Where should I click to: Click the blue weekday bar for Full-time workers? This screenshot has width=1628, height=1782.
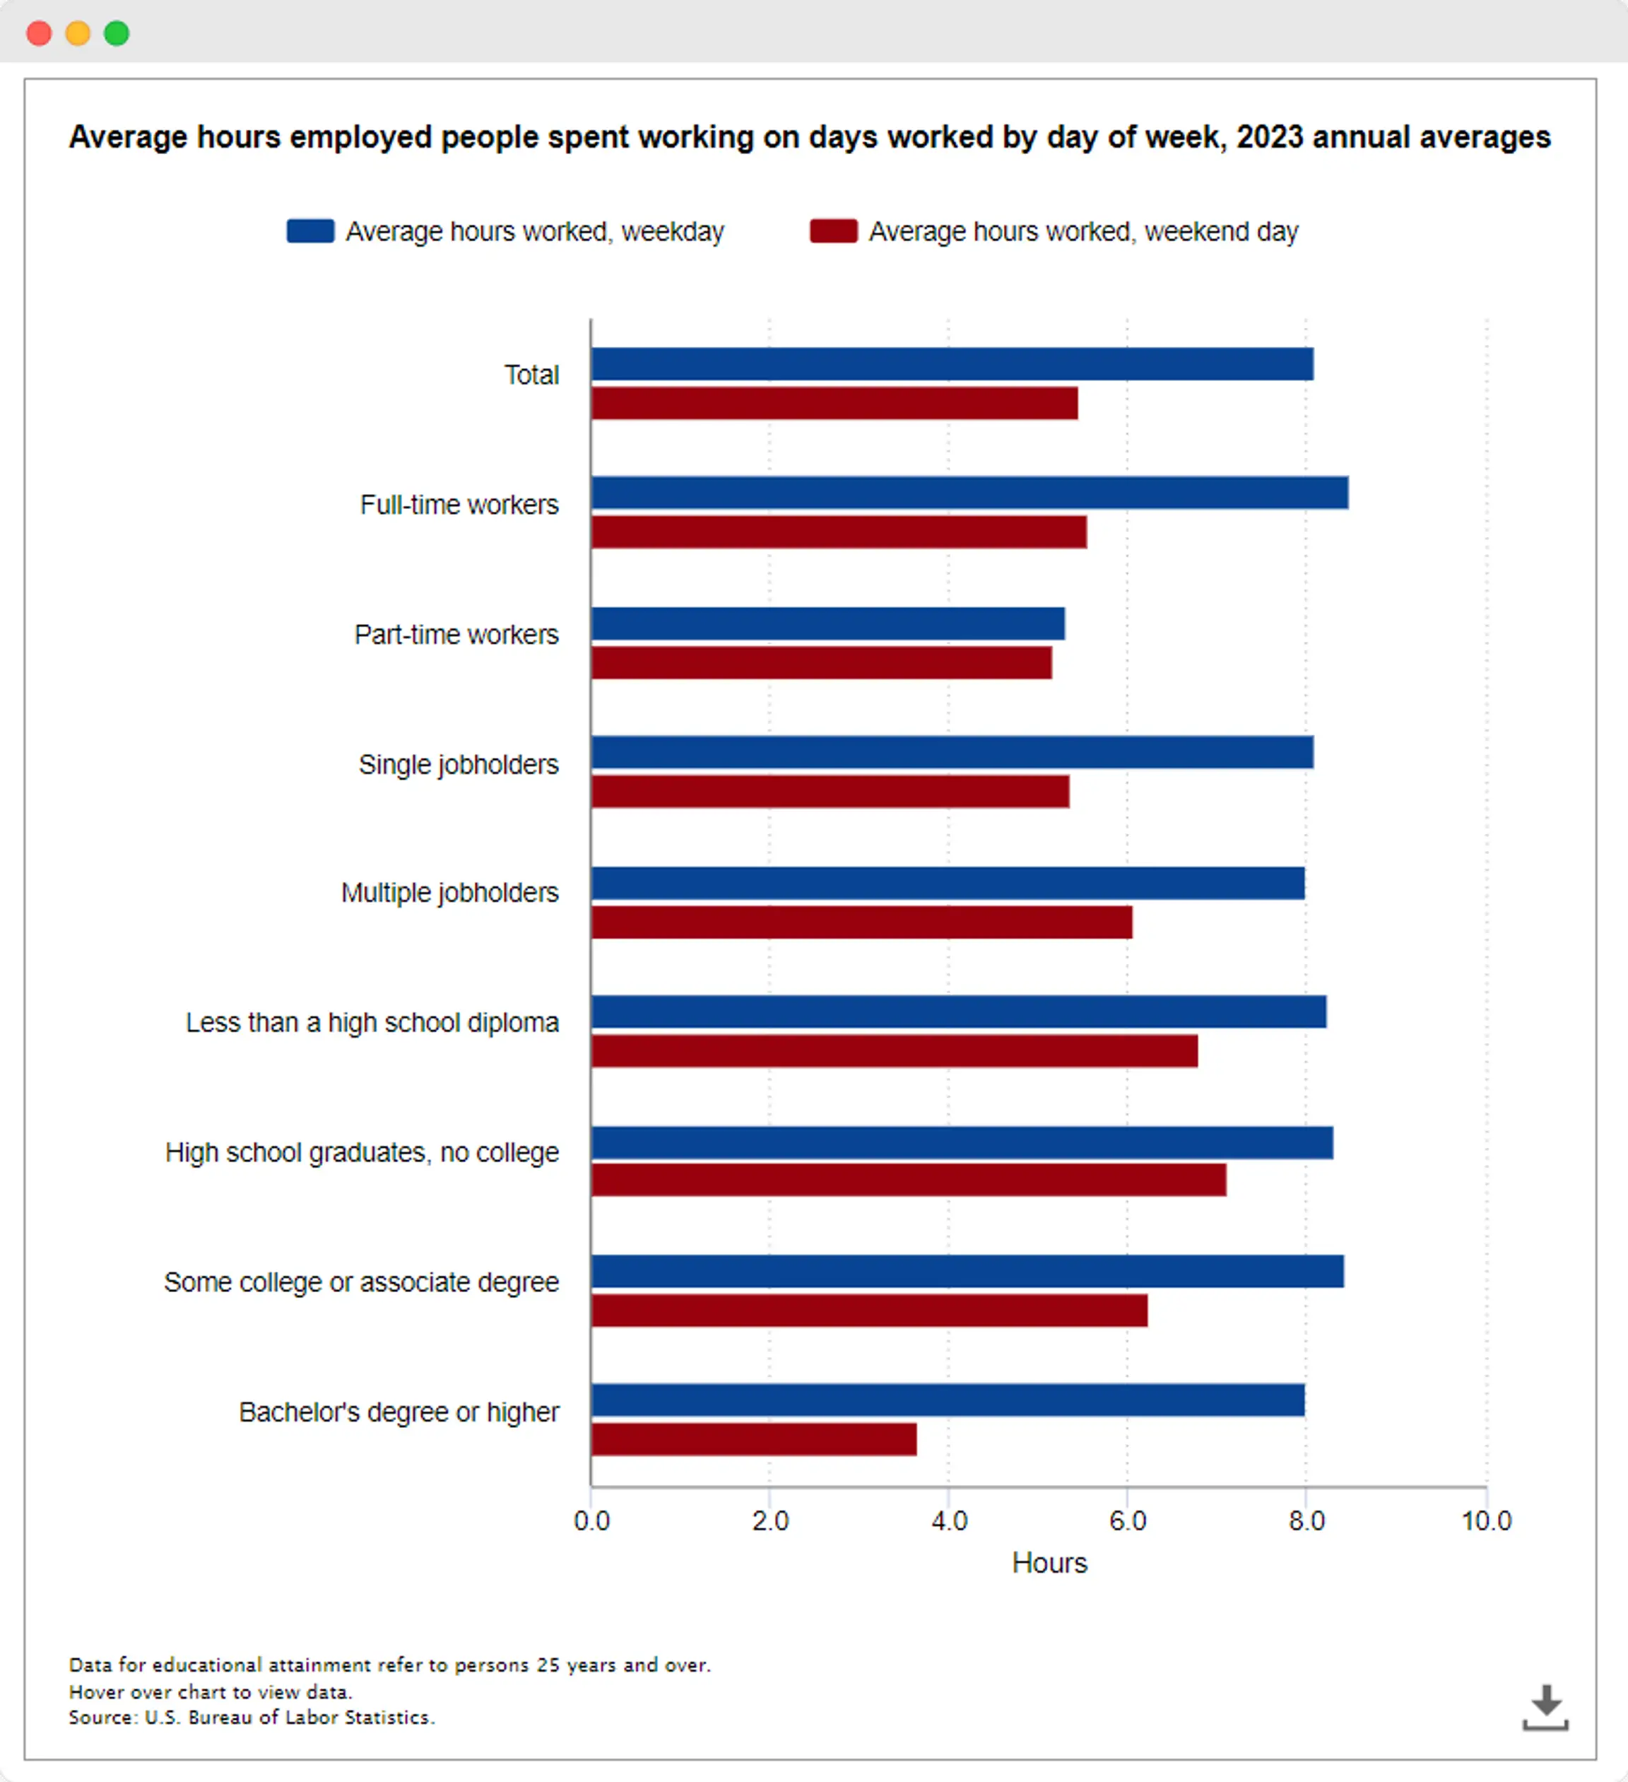coord(969,493)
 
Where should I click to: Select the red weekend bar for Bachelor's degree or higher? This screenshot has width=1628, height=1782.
coord(754,1439)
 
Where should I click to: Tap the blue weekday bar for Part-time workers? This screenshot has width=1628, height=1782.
coord(828,623)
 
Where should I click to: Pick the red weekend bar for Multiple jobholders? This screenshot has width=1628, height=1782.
coord(862,922)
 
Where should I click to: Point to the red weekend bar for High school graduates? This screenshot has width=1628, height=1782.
coord(909,1180)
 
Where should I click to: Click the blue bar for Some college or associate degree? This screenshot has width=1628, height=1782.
coord(968,1271)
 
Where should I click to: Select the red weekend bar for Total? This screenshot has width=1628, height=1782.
coord(834,403)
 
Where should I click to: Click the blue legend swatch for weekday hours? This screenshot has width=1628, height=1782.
coord(310,230)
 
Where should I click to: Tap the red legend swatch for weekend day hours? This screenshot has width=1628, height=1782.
coord(834,230)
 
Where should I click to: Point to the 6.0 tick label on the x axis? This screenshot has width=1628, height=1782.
coord(1128,1521)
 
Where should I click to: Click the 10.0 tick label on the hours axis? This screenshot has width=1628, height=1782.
coord(1487,1521)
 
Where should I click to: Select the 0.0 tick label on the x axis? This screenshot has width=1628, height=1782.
coord(591,1521)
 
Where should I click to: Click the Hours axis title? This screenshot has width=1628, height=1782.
coord(1049,1563)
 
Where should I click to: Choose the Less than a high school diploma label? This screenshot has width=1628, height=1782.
coord(372,1023)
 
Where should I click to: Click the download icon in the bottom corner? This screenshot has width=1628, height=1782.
coord(1545,1707)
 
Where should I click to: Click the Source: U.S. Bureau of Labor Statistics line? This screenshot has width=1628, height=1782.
coord(252,1718)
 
